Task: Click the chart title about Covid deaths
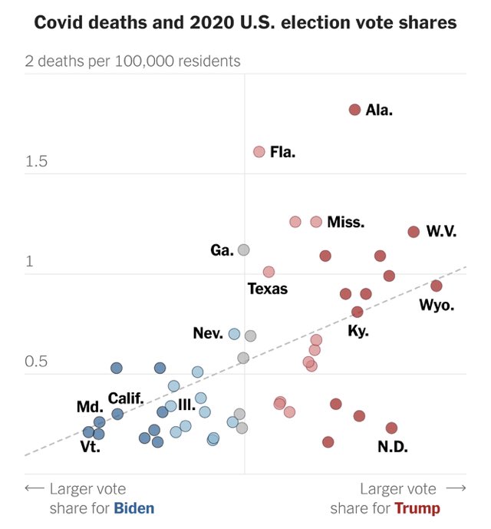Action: (x=245, y=23)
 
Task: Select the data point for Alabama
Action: (x=354, y=110)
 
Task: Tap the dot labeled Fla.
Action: (x=259, y=152)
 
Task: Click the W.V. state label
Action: (x=441, y=231)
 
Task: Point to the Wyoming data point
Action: (x=437, y=286)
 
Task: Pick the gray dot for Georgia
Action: (x=244, y=250)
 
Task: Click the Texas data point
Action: (x=269, y=272)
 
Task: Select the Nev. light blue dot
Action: (x=235, y=334)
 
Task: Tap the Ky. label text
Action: (x=358, y=332)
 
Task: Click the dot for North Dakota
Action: (x=391, y=428)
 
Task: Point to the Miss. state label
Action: (x=345, y=223)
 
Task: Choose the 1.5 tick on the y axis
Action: (x=36, y=161)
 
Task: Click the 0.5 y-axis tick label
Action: (x=36, y=361)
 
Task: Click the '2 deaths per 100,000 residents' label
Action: (x=133, y=61)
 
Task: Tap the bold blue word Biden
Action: (x=134, y=508)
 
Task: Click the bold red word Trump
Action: (x=417, y=508)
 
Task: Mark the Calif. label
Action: (x=126, y=398)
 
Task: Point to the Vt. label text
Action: (x=90, y=446)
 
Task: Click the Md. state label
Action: (x=89, y=407)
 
